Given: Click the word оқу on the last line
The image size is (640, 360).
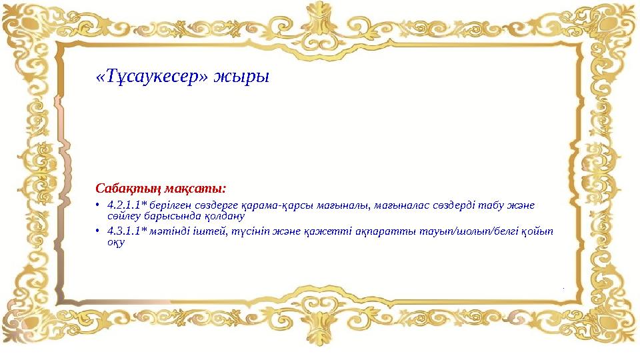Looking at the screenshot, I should [x=116, y=243].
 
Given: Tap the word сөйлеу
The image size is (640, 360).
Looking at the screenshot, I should [x=122, y=216].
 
